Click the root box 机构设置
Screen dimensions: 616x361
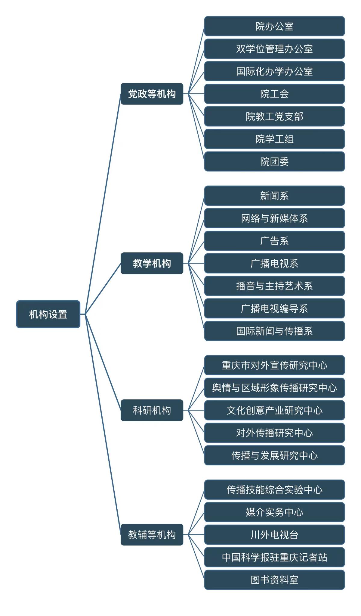[x=48, y=314]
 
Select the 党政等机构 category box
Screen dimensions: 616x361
[x=152, y=94]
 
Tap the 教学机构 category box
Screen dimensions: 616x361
[x=152, y=263]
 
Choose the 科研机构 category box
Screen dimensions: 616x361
[x=152, y=410]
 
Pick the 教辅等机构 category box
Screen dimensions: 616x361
[x=152, y=534]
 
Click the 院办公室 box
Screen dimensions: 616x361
[x=274, y=26]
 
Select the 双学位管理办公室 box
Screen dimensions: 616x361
[x=274, y=49]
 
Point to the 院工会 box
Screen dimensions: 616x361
[x=274, y=94]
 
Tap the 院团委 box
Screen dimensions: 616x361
[x=274, y=162]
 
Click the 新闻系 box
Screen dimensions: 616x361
[x=274, y=196]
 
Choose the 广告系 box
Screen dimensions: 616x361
[x=274, y=241]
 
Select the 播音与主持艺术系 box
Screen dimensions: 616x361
[x=274, y=286]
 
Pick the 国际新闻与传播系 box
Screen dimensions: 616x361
[x=274, y=331]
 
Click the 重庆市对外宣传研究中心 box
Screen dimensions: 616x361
[x=274, y=365]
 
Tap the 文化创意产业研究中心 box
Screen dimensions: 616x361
[x=274, y=410]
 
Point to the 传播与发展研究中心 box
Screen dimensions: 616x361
[x=274, y=455]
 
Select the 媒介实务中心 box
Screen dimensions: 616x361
[x=274, y=512]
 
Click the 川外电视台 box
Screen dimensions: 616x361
[x=274, y=535]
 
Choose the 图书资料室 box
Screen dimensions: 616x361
[x=274, y=580]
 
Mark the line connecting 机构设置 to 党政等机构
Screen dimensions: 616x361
[x=103, y=204]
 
